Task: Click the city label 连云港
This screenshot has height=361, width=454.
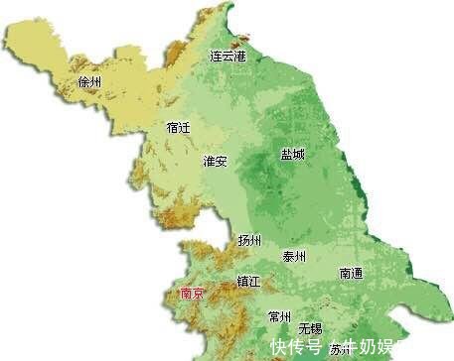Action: (x=227, y=57)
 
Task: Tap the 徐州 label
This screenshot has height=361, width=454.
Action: (x=89, y=82)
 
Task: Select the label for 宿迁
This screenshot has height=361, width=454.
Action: (x=179, y=128)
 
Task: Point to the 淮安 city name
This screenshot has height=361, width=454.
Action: (x=216, y=161)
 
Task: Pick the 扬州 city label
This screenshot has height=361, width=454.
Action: (x=249, y=241)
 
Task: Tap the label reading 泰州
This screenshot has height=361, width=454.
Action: (x=295, y=257)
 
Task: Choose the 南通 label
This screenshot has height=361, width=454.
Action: (x=352, y=273)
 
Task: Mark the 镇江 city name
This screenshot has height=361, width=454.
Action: (x=247, y=282)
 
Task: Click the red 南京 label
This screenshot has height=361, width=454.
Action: (x=192, y=295)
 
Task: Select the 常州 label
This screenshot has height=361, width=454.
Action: (x=280, y=317)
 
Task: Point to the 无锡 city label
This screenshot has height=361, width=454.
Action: (x=310, y=328)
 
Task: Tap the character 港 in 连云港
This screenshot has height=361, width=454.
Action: (x=239, y=57)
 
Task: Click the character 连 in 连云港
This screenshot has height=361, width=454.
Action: (x=216, y=57)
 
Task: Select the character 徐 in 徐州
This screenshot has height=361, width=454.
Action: (x=83, y=82)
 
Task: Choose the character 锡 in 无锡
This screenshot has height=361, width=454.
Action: (x=316, y=328)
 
